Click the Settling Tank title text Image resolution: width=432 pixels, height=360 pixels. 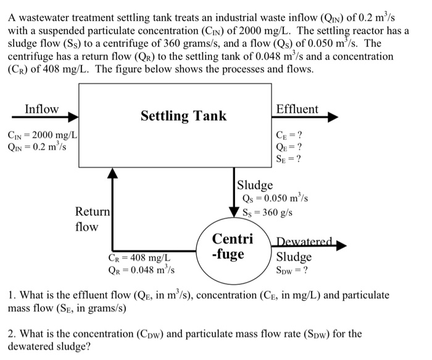[x=183, y=116]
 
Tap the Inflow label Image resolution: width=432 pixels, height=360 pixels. [x=41, y=110]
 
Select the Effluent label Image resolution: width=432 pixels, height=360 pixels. [x=297, y=110]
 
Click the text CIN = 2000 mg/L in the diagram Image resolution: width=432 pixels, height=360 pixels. [x=41, y=135]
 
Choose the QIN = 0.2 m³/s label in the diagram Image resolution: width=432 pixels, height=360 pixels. [x=36, y=147]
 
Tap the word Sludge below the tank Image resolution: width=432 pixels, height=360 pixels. [x=255, y=185]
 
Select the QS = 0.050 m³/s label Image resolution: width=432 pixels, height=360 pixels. [x=275, y=198]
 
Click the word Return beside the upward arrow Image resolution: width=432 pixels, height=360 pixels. [x=92, y=212]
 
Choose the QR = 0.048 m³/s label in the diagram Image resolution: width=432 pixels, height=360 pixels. [x=141, y=270]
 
